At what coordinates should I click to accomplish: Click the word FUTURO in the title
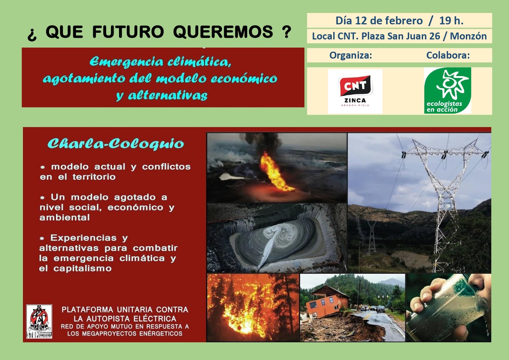coord(128,31)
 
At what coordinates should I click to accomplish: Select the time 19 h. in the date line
coord(451,21)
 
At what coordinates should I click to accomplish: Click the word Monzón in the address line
coord(468,36)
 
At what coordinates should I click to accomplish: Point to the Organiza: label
coord(351,55)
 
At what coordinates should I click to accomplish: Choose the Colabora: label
coord(448,55)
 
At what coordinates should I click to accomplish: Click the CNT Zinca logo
coord(355,91)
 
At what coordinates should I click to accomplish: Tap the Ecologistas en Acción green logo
coord(447,90)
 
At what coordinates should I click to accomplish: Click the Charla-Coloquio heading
coord(116,144)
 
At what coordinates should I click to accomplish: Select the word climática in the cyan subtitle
coord(199,62)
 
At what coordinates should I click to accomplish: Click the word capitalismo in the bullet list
coord(82,268)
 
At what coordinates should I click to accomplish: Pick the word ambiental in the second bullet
coord(65,218)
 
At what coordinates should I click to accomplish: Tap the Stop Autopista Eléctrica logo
coord(39,322)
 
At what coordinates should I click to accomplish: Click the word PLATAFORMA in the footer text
coord(87,309)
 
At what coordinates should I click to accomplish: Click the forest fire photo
coord(253,308)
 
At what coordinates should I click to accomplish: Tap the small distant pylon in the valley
coord(372,237)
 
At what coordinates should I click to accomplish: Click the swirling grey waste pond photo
coord(277,238)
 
